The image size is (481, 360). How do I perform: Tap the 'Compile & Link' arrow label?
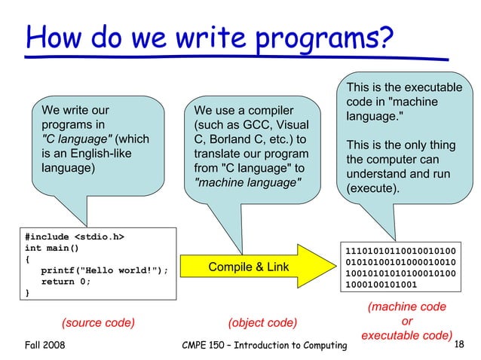click(248, 267)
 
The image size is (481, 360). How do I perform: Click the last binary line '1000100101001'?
click(380, 285)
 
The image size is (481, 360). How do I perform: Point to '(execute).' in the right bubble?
click(372, 188)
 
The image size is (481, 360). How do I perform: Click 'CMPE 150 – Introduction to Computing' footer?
click(265, 345)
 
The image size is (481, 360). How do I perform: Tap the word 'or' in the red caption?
click(406, 320)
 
